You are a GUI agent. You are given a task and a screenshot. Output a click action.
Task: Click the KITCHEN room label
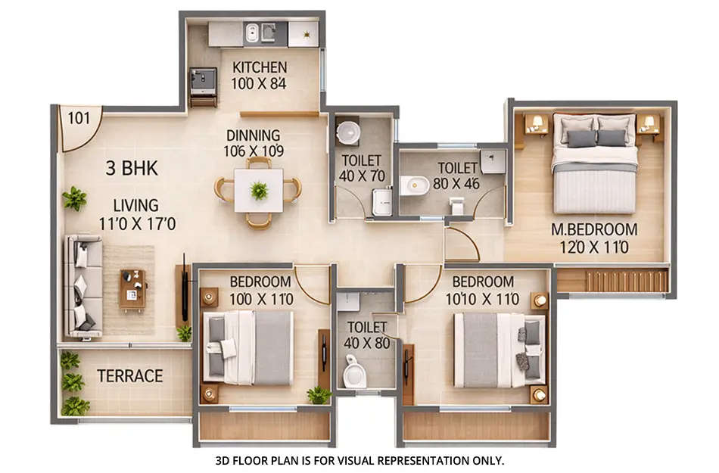click(260, 67)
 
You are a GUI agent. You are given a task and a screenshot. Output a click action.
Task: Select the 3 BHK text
click(132, 169)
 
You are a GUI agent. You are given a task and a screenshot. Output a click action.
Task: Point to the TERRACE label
click(130, 376)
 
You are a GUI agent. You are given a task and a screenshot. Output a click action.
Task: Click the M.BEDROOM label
click(594, 229)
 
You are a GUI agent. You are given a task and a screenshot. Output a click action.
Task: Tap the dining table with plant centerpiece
click(259, 190)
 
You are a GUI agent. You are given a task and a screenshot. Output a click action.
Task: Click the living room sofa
click(82, 286)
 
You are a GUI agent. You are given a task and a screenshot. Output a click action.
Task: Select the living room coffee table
click(132, 289)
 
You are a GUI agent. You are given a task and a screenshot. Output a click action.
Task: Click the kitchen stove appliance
click(202, 79)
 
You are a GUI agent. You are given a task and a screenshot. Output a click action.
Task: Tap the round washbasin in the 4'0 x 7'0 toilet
click(348, 132)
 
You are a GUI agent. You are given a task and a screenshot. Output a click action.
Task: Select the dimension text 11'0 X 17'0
click(137, 224)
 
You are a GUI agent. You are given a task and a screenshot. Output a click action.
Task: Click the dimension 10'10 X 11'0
click(483, 299)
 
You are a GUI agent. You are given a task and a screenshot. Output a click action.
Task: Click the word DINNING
click(253, 135)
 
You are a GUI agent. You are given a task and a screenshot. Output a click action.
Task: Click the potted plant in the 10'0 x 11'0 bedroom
click(319, 395)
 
